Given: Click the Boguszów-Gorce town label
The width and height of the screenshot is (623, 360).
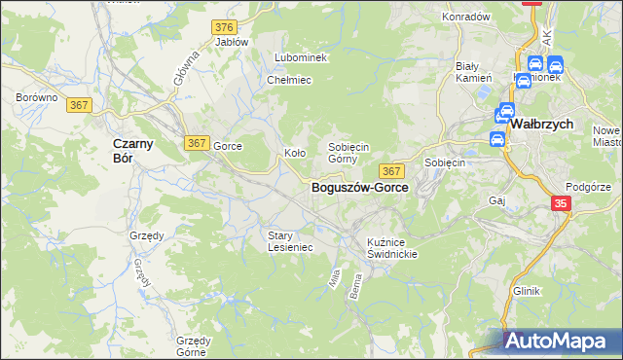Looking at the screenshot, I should pyautogui.click(x=359, y=188).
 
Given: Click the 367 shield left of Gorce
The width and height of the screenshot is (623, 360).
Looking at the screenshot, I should pyautogui.click(x=196, y=143).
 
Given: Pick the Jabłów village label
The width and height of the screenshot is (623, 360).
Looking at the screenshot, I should pyautogui.click(x=232, y=42).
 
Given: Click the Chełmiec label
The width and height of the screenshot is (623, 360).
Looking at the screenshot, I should pyautogui.click(x=289, y=80).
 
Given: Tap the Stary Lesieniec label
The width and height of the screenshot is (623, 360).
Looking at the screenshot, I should pyautogui.click(x=290, y=241).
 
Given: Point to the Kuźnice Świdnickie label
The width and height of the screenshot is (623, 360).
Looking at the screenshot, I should pyautogui.click(x=392, y=247).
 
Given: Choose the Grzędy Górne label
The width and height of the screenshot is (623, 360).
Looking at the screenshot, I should pyautogui.click(x=194, y=346).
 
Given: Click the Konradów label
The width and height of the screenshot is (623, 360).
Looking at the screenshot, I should pyautogui.click(x=465, y=17).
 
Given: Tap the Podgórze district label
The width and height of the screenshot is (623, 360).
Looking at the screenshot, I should pyautogui.click(x=587, y=187).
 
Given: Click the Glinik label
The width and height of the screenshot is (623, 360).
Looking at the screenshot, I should pyautogui.click(x=526, y=291).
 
